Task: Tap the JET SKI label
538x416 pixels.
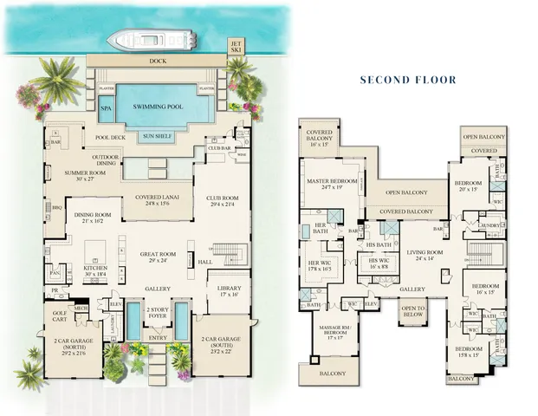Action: click(235, 46)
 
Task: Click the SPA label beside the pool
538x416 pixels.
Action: click(106, 110)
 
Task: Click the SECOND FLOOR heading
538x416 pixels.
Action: click(407, 80)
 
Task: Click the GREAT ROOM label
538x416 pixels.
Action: click(158, 257)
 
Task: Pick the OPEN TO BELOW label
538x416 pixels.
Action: click(412, 312)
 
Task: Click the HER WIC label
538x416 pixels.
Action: click(321, 265)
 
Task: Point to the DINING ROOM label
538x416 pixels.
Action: click(92, 218)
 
